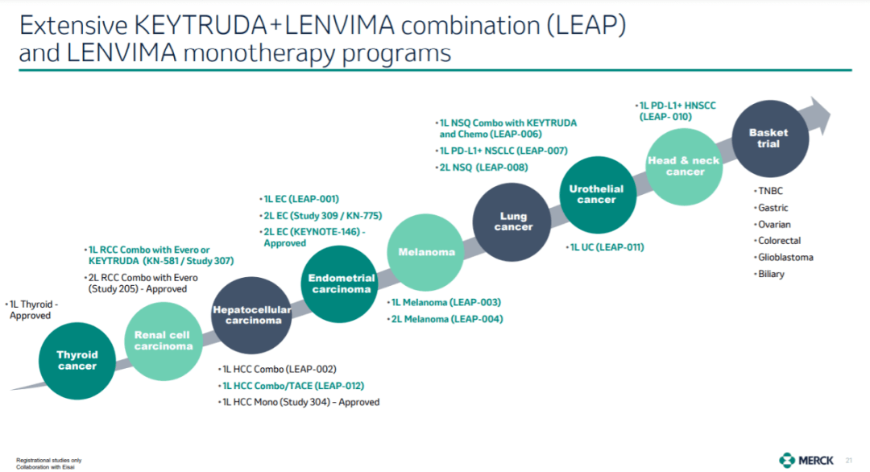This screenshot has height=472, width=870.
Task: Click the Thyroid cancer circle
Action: pos(77,360)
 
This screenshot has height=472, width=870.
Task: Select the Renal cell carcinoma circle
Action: pos(164,341)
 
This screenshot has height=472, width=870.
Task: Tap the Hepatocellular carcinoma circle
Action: pos(252,314)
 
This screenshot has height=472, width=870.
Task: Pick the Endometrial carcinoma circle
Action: pos(342,283)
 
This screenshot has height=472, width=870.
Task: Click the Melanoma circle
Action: pos(426,252)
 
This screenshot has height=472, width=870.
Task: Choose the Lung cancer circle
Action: pos(513,222)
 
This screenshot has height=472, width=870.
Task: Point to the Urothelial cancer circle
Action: pos(597,195)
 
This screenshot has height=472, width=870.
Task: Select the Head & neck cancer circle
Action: pos(685,166)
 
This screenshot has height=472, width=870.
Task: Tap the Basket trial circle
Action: pos(768,138)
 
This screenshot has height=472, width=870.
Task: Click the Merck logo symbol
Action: pos(787,460)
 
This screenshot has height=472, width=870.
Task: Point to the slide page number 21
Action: pos(848,460)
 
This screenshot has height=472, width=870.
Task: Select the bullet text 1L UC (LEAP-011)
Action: pos(607,247)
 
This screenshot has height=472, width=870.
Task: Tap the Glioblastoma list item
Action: pos(785,257)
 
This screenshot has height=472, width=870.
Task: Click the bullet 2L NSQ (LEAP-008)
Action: pos(483,168)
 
